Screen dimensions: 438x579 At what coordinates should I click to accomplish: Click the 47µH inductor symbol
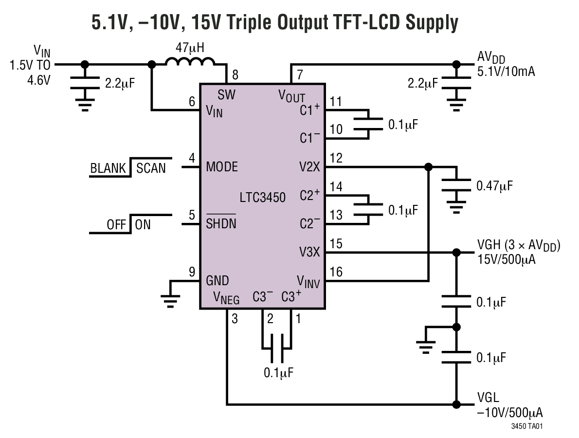point(190,62)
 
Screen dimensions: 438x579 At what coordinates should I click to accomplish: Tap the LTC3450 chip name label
point(263,197)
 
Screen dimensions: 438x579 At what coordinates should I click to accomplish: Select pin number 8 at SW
point(235,75)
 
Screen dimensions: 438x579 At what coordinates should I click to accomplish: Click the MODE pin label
point(222,167)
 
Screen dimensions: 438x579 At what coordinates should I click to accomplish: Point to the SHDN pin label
point(221,224)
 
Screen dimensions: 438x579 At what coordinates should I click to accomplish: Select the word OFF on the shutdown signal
point(116,225)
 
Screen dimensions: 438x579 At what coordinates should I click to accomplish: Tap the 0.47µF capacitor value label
point(494,185)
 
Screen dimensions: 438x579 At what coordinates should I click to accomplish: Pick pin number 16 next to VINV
point(336,272)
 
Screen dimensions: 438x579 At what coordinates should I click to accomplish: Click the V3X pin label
point(309,252)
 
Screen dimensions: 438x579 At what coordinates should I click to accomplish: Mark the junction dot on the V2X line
point(428,167)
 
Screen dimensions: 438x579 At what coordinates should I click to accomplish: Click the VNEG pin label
point(226,297)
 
